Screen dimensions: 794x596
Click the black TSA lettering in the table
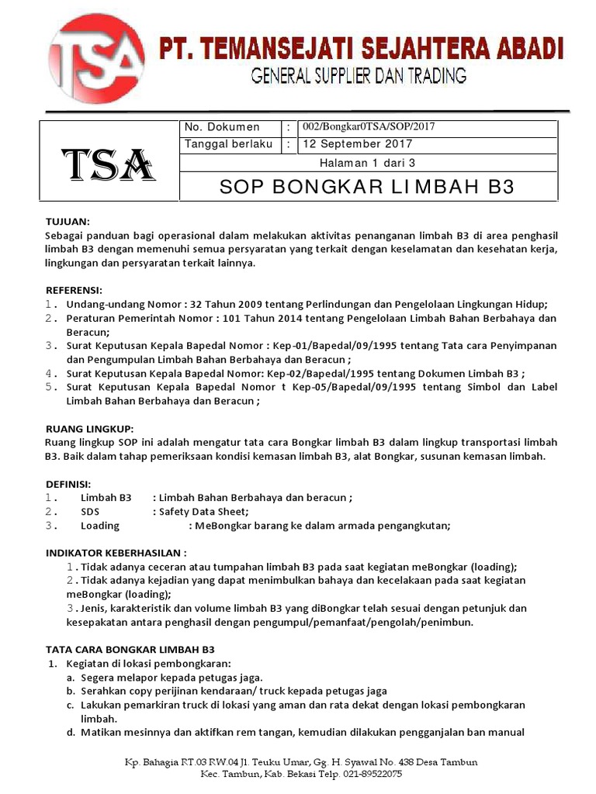109,164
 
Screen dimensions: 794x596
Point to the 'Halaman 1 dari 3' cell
368,163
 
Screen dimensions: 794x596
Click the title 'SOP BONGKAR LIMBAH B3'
368,188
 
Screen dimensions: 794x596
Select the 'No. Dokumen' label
222,127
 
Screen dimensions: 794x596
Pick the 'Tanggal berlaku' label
228,144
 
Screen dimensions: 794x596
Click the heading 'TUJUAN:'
68,221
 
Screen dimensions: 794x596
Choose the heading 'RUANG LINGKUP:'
89,428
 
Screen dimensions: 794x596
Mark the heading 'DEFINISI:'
69,483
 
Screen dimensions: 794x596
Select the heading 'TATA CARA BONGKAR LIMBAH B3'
130,649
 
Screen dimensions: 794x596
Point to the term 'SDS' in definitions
90,512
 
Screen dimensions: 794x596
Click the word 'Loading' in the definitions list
99,526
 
